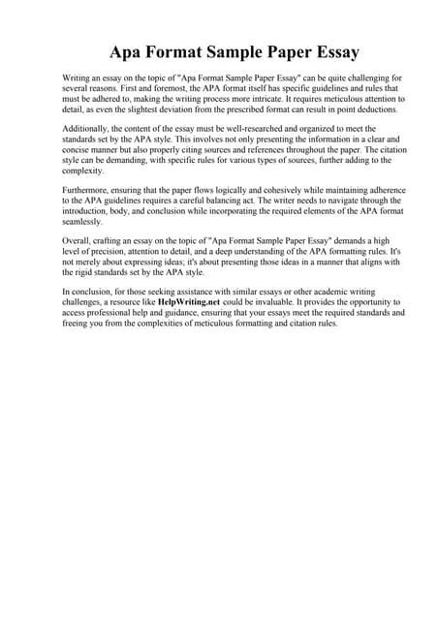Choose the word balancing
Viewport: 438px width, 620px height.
click(x=262, y=202)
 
